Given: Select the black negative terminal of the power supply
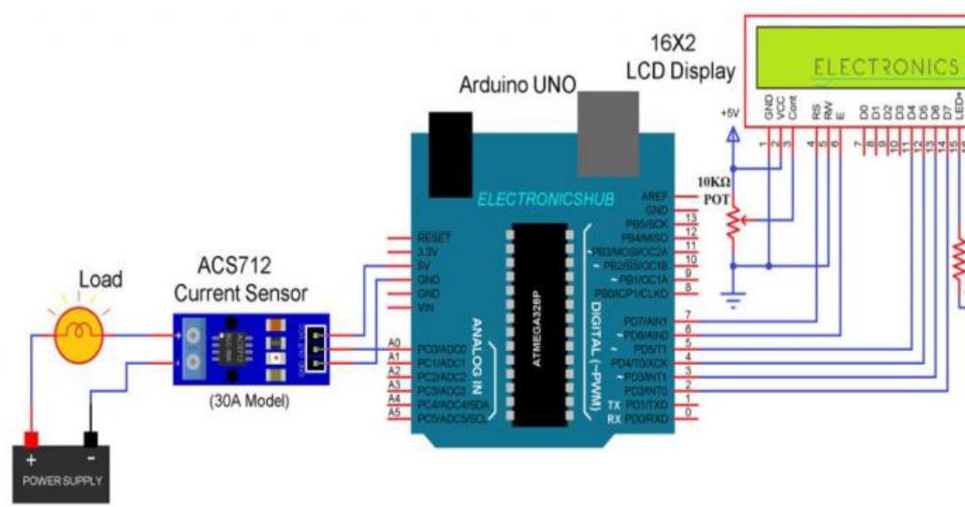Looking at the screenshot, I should [x=91, y=439].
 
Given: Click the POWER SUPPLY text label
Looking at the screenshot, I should [x=60, y=484].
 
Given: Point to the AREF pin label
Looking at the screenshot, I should [x=655, y=196].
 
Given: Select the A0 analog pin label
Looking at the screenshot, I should [x=394, y=346].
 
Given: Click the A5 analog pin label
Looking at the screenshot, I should [x=394, y=413].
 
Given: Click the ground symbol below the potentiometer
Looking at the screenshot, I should [x=734, y=301].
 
